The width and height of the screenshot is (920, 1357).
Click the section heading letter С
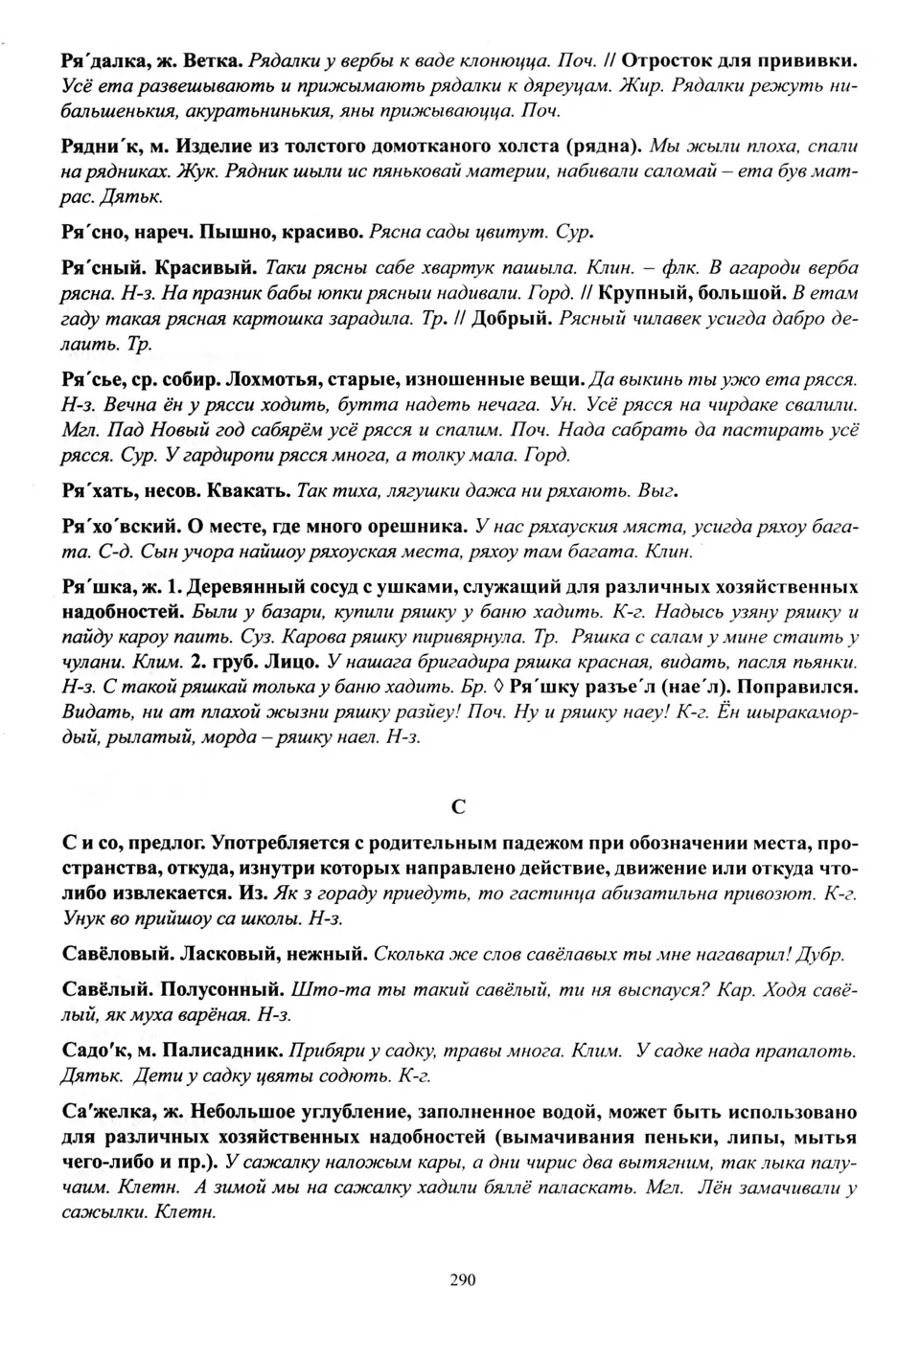[458, 806]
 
